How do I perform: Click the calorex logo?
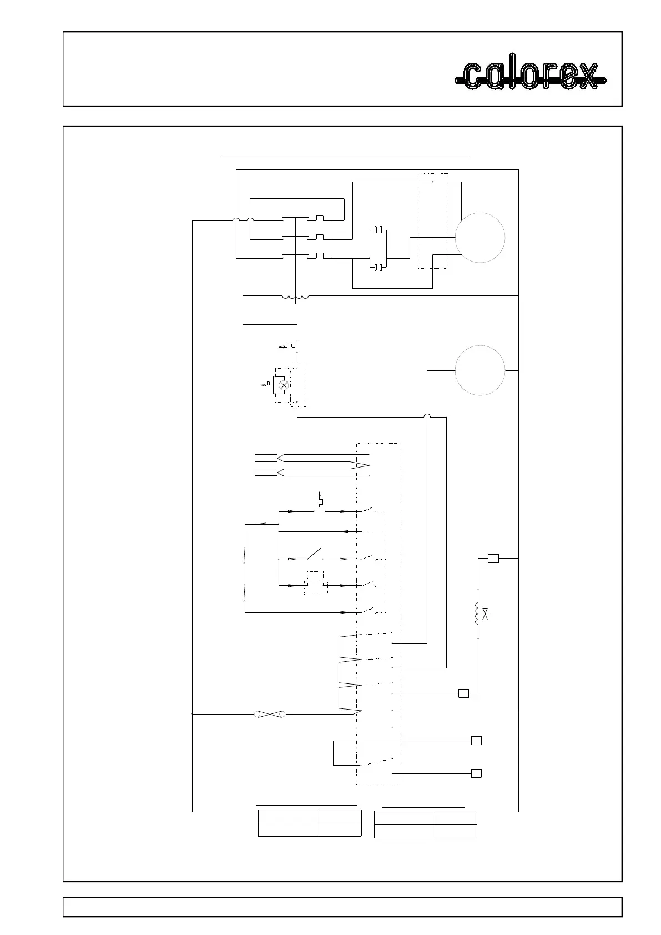tap(530, 76)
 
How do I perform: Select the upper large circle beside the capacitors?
tap(480, 237)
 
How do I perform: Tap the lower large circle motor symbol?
tap(480, 370)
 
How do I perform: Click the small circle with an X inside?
tap(283, 385)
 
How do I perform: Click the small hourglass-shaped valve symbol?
tap(486, 614)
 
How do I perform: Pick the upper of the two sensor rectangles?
tap(266, 458)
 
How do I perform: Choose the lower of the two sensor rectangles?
tap(266, 472)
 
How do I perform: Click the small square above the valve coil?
tap(493, 559)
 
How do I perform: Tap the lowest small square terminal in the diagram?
tap(476, 773)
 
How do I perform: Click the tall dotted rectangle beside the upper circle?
tap(432, 220)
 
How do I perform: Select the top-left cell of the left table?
tap(288, 816)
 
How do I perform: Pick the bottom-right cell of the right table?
tap(455, 831)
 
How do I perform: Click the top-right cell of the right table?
tap(455, 817)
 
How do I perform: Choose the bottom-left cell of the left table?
tap(288, 830)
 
